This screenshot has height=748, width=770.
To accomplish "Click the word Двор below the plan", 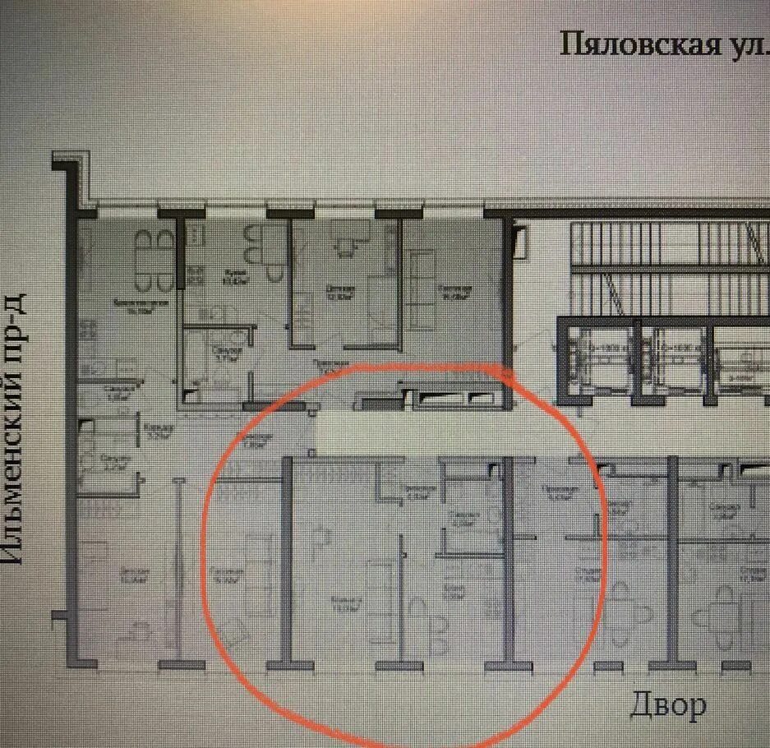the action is [668, 704].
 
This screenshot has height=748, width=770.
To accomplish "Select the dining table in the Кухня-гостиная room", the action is [155, 261].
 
